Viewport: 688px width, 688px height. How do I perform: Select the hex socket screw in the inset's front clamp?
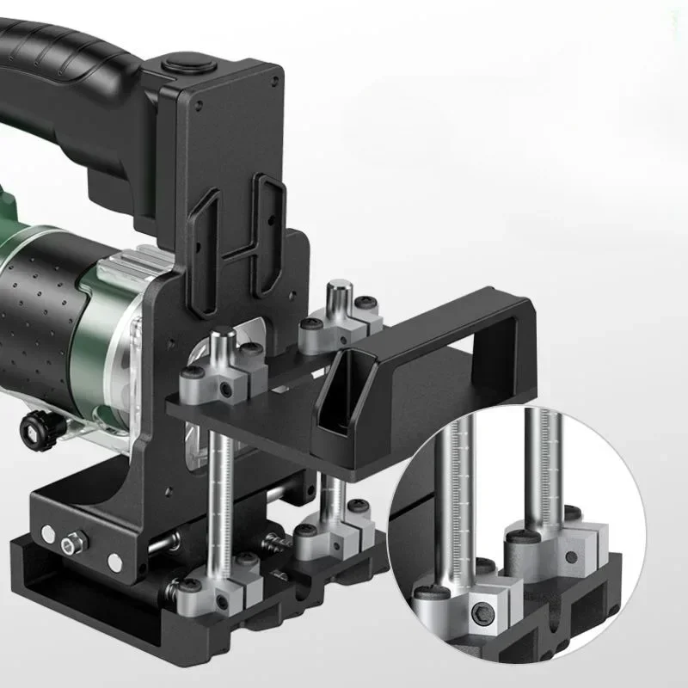coord(485,615)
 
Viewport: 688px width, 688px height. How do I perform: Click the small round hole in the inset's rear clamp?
coord(572,556)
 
